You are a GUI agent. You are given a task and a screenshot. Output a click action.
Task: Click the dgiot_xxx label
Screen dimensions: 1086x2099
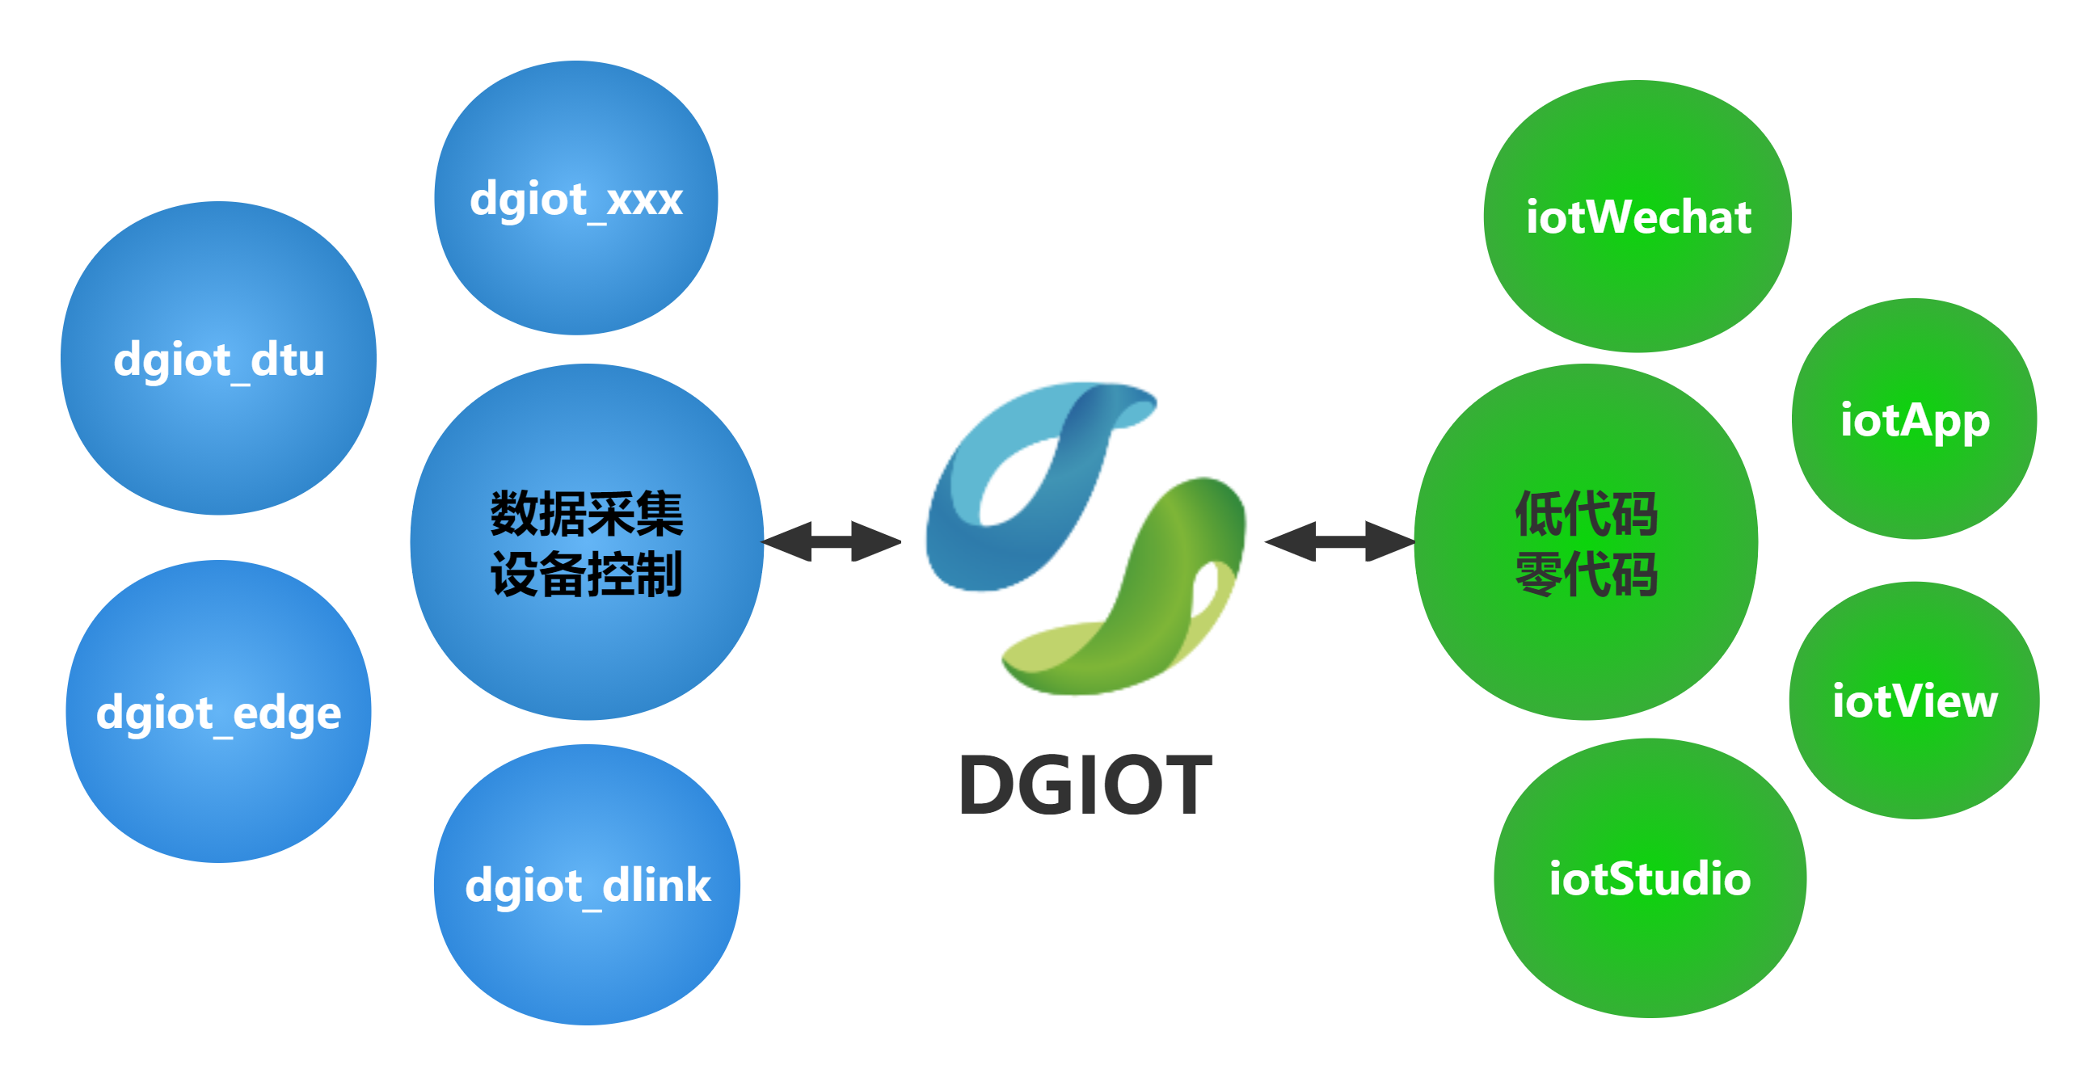(576, 200)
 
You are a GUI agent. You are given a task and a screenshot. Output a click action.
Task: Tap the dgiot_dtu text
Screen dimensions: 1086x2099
(218, 360)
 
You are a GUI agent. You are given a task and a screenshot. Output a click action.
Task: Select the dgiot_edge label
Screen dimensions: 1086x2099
(218, 713)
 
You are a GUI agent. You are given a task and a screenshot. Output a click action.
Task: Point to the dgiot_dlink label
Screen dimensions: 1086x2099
(588, 886)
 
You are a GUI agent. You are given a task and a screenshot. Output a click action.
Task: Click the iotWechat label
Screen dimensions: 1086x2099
(1637, 217)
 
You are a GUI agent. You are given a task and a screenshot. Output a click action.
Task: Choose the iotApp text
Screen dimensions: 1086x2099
(1915, 421)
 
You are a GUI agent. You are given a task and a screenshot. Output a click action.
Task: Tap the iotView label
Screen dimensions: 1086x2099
(1915, 701)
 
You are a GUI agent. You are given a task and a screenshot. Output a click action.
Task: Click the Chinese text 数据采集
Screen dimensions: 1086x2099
(587, 514)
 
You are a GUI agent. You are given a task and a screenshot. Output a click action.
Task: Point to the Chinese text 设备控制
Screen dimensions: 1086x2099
(587, 575)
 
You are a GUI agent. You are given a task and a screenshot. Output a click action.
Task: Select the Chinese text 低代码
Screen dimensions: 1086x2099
(1587, 514)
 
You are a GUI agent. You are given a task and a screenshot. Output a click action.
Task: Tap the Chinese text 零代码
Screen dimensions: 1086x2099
(1587, 575)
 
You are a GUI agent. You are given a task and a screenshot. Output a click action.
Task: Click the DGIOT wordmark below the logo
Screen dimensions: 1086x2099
(1086, 785)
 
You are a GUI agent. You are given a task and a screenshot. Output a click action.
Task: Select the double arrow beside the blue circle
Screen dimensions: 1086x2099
(831, 541)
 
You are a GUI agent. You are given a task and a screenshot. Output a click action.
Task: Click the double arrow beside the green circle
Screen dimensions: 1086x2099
(1338, 541)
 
